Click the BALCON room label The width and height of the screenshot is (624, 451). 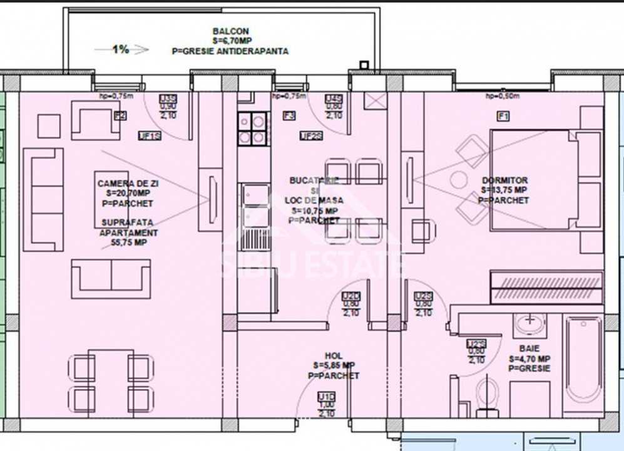[x=230, y=31]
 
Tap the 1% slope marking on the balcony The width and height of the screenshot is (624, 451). [x=121, y=49]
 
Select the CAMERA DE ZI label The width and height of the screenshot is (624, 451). [x=125, y=184]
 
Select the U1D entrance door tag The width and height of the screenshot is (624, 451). [x=325, y=397]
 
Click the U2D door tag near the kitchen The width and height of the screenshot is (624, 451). [x=351, y=296]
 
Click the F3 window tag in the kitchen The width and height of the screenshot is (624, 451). [x=289, y=115]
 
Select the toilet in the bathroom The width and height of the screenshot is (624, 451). [x=486, y=395]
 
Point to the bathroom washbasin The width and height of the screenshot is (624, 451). [x=530, y=324]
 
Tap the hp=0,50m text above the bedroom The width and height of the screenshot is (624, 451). [x=502, y=96]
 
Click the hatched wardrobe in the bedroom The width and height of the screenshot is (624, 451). [x=546, y=286]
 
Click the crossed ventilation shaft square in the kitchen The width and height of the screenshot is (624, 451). [x=375, y=100]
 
